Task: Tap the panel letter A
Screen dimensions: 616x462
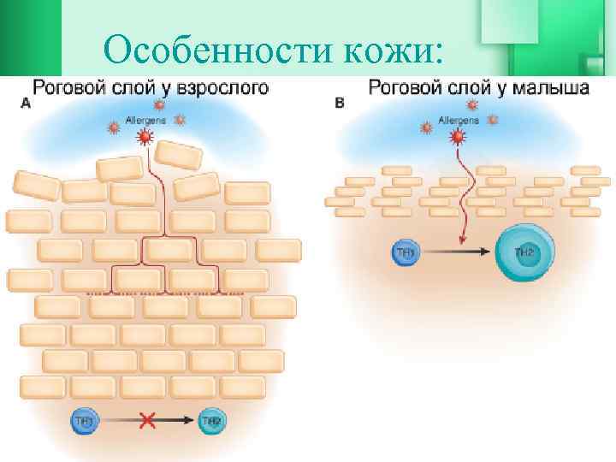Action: [25, 103]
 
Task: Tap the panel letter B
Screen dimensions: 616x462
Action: [340, 103]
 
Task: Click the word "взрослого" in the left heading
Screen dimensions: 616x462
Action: [222, 87]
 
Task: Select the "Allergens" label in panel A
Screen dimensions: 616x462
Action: [145, 121]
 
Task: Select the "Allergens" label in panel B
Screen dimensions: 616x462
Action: [459, 121]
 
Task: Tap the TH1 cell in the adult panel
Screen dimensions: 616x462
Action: [85, 420]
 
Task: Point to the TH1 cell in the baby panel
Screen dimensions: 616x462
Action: [405, 252]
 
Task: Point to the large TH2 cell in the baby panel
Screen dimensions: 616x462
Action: [524, 252]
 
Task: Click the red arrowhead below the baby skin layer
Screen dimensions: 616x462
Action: [462, 241]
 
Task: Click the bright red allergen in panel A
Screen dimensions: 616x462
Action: [145, 137]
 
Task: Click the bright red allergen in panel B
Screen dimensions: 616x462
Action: [459, 137]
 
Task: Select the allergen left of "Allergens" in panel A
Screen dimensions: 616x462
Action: [113, 127]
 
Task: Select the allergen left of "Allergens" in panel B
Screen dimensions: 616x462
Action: [425, 127]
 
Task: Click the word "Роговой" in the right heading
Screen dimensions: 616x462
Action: [402, 87]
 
